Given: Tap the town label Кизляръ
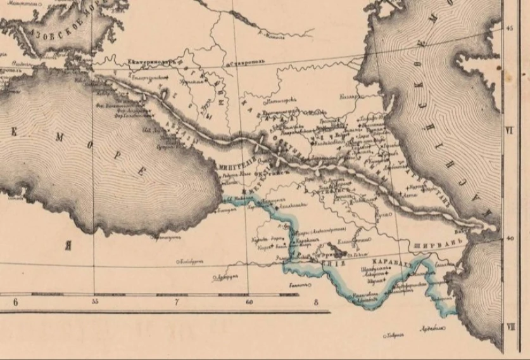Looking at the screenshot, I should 349,97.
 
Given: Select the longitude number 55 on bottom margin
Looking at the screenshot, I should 95,302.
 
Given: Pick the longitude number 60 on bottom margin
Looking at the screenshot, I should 250,302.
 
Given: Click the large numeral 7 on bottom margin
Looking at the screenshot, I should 177,302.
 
